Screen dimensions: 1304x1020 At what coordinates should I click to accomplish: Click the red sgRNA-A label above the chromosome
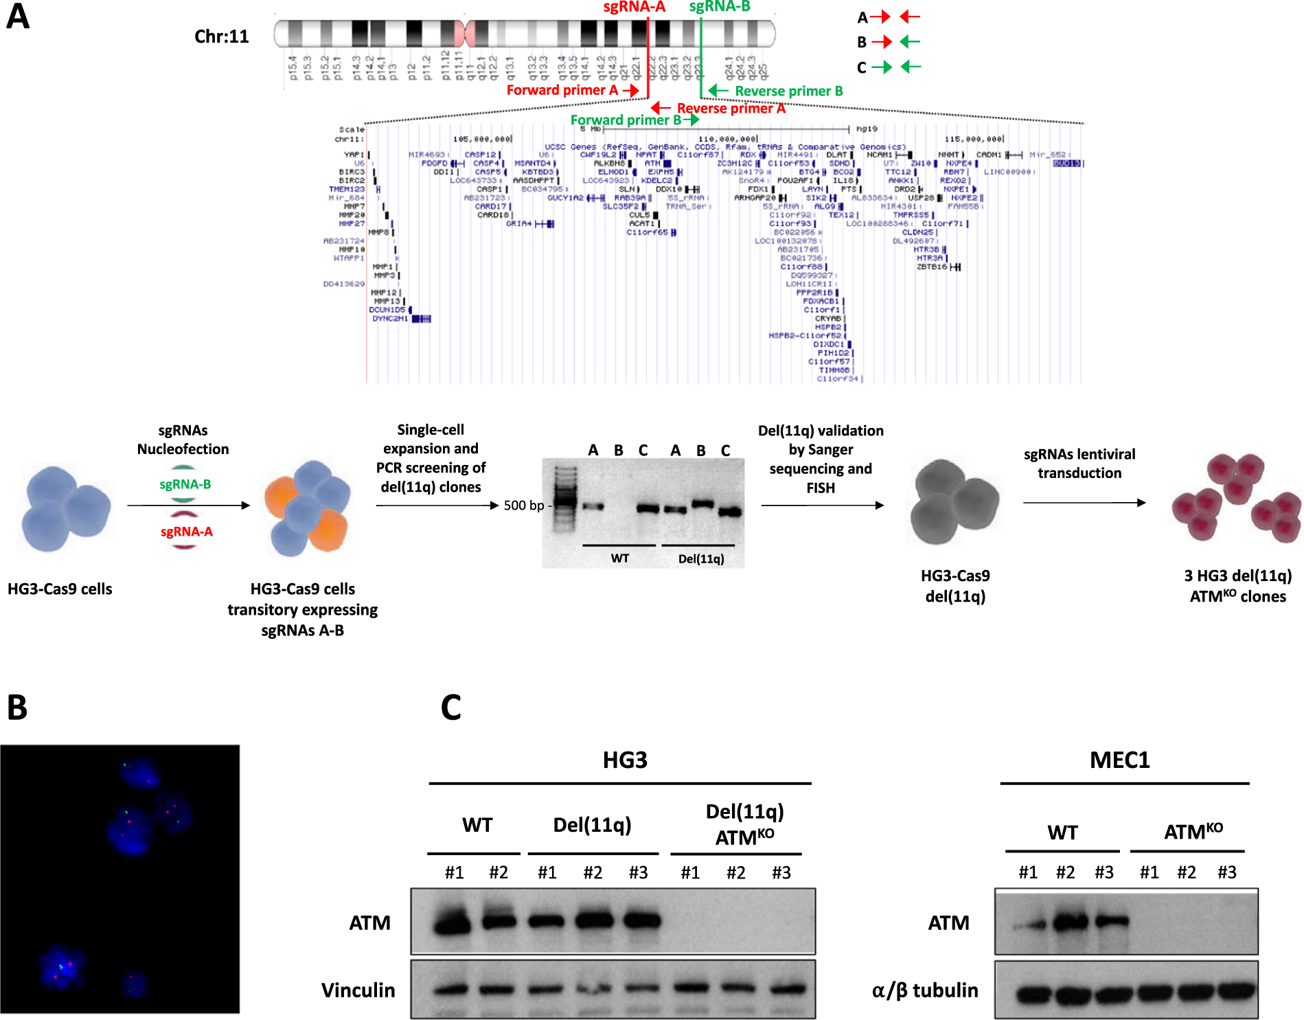pos(634,8)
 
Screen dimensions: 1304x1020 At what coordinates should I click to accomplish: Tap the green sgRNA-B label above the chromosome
pos(720,7)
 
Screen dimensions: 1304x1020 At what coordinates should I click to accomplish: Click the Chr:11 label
pos(221,36)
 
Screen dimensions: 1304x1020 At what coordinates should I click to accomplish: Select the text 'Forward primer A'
pos(562,90)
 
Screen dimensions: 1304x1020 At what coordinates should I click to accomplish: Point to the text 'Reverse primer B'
pos(788,91)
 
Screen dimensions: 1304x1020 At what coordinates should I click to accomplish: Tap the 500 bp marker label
pos(523,506)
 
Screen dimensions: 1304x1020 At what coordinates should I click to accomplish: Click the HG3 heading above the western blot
pos(625,760)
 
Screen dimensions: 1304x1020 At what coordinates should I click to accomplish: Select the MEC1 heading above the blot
pos(1119,760)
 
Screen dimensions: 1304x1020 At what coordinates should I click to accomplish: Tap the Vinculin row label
pos(358,990)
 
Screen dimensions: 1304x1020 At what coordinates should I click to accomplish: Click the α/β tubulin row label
pos(924,990)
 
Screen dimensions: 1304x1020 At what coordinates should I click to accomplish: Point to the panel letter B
pos(17,707)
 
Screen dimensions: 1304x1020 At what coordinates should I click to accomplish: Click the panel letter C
pos(450,707)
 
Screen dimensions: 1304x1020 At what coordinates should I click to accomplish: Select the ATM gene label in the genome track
pos(652,163)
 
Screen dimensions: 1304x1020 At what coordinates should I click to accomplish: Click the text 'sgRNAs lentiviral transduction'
pos(1079,464)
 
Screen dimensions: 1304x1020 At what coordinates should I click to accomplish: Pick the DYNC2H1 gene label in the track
pos(389,319)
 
